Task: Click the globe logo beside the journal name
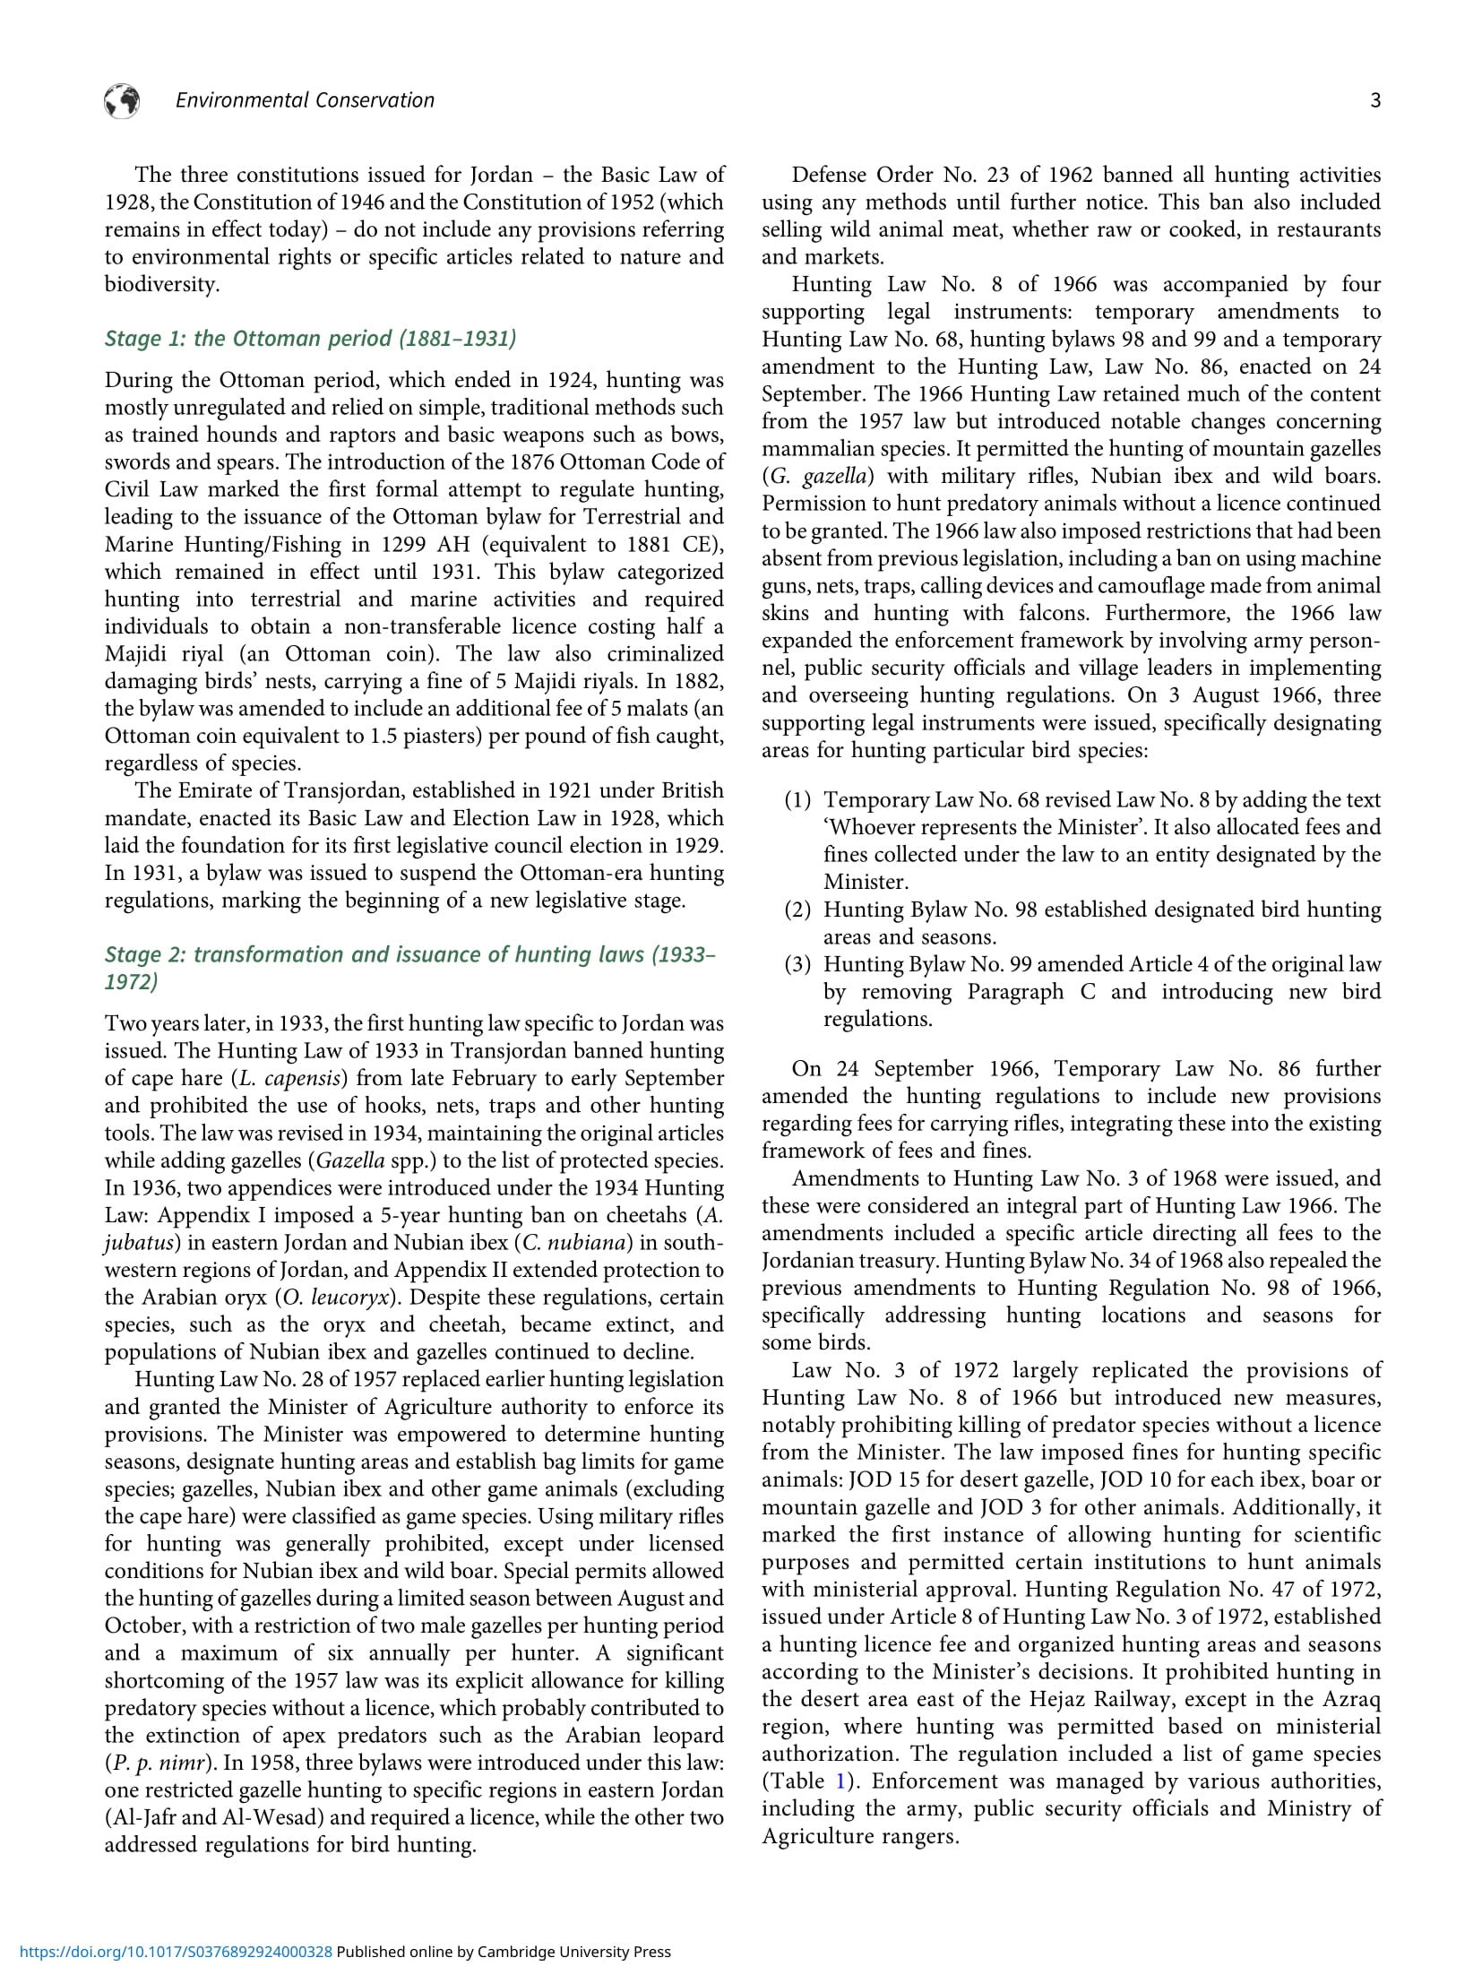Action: click(122, 101)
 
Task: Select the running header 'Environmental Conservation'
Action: click(305, 100)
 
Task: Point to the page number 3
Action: click(1375, 101)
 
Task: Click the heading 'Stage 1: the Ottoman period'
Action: click(310, 338)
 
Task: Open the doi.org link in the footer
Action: click(176, 1951)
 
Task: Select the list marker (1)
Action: click(797, 799)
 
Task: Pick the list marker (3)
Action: click(797, 964)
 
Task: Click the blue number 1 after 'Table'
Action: click(840, 1781)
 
